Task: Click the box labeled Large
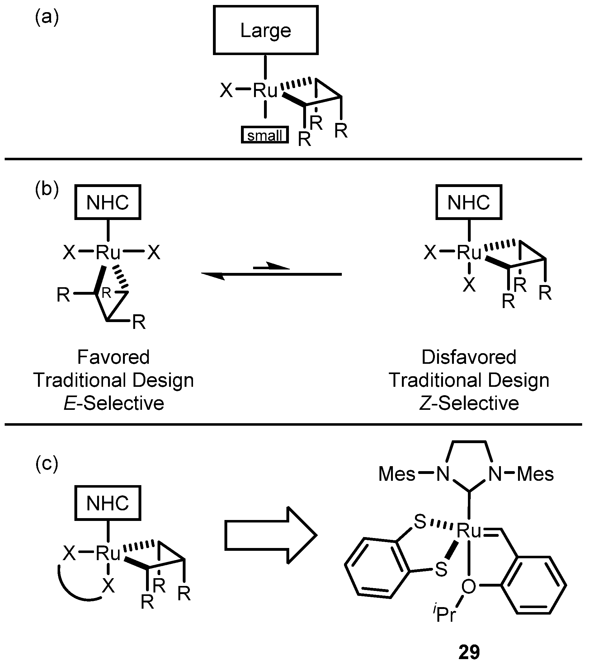coord(266,30)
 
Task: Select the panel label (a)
coord(47,17)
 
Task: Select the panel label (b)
coord(47,189)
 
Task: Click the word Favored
coord(113,357)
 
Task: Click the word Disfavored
coord(469,357)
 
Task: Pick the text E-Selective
coord(114,403)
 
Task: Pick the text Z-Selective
coord(469,403)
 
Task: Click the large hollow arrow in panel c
coord(270,535)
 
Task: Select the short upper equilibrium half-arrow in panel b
coord(271,267)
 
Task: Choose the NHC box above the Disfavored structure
coord(469,202)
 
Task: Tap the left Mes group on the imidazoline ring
coord(397,474)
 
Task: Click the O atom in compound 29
coord(469,587)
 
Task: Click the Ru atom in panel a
coord(265,91)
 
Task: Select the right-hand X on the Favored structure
coord(153,252)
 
